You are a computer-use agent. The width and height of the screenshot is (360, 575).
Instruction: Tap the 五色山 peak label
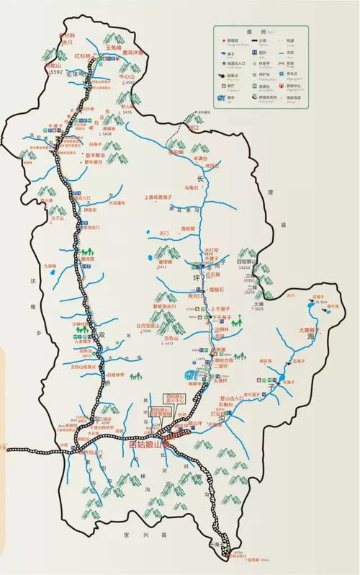(x=170, y=337)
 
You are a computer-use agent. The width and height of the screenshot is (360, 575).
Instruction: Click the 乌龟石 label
(x=190, y=187)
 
